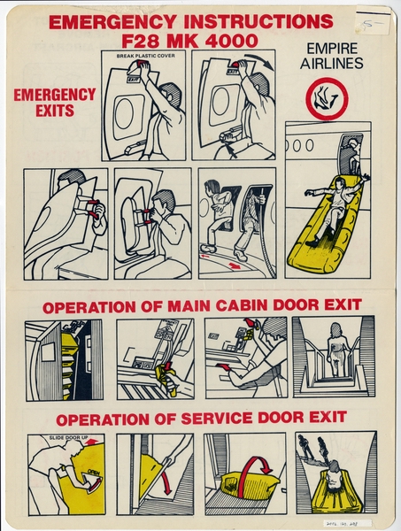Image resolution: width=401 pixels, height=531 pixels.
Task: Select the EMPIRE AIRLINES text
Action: (x=331, y=57)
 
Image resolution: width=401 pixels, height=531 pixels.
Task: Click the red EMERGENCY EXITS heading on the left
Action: (x=54, y=103)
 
